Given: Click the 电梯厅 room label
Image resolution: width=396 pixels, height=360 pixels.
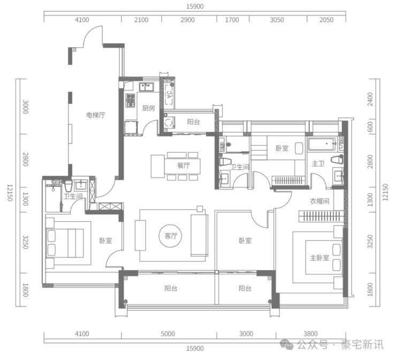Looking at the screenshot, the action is (x=95, y=115).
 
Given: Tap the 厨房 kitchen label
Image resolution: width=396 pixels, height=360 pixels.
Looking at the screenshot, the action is (x=149, y=108).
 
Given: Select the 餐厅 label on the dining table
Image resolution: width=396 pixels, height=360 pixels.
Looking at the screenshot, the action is (x=184, y=166).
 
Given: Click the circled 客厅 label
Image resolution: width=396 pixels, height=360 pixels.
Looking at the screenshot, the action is (x=171, y=236).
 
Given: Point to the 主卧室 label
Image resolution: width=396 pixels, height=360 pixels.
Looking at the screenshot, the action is (x=319, y=258).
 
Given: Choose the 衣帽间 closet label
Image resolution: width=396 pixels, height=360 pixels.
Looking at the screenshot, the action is (x=319, y=201).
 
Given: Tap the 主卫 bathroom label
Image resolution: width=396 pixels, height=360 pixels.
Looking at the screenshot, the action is (x=318, y=163).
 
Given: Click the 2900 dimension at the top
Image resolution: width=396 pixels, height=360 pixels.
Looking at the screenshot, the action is (x=188, y=20).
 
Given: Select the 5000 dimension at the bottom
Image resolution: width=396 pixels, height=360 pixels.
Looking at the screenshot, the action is (x=168, y=334).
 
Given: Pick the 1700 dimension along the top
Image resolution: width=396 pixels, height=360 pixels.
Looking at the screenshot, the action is (x=232, y=20).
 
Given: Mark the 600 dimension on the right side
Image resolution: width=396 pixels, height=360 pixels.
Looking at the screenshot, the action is (x=370, y=126).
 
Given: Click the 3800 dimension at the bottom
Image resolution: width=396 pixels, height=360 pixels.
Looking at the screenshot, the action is (x=310, y=334).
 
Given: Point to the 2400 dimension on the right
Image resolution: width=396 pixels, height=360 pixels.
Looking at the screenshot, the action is (x=370, y=99).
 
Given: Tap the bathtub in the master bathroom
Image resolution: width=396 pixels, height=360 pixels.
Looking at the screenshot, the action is (x=322, y=144).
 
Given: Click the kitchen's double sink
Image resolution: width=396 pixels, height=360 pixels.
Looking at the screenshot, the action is (x=146, y=87).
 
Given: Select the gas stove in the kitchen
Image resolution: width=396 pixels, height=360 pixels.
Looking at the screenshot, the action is (x=131, y=100).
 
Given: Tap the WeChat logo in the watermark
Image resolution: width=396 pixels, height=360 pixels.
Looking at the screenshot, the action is (x=287, y=344).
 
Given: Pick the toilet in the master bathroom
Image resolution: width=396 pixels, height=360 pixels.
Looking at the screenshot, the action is (x=337, y=160).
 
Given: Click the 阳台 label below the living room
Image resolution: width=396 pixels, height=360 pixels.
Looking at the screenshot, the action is (x=171, y=288).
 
